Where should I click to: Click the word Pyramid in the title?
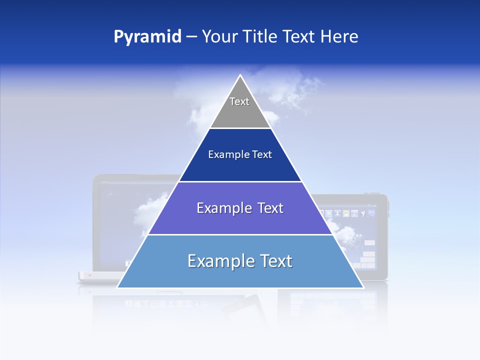click(147, 36)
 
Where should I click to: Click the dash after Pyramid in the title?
click(191, 37)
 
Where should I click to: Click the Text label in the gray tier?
click(239, 101)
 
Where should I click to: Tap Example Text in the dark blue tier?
click(240, 154)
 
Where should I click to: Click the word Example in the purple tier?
click(223, 208)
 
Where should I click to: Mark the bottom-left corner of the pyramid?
click(118, 287)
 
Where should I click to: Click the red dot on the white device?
click(89, 275)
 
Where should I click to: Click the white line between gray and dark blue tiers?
click(240, 128)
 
